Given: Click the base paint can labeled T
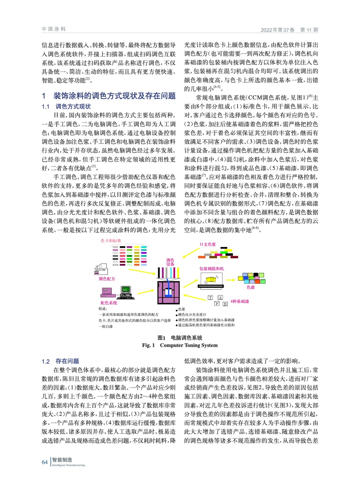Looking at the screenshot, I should click(210, 297).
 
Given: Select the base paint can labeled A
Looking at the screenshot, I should click(220, 298).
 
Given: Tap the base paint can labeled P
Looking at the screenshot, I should click(217, 303).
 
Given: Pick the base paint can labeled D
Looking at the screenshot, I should click(225, 304).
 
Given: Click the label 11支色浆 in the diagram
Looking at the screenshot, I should click(208, 244).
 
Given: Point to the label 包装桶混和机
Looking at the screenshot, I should click(212, 269).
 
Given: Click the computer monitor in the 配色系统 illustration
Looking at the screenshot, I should click(125, 290).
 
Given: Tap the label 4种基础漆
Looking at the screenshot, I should click(240, 301).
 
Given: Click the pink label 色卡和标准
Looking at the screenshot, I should click(111, 241).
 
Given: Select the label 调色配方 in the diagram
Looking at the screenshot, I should click(107, 279).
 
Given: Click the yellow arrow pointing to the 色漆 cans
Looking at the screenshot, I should click(230, 279).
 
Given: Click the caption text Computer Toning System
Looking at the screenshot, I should click(189, 345).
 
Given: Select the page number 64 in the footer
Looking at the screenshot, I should click(45, 462).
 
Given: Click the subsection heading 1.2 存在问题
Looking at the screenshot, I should click(60, 361).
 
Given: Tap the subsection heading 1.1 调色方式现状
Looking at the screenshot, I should click(66, 106).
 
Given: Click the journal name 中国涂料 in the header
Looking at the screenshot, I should click(54, 29).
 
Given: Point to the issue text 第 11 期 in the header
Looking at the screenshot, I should click(309, 30).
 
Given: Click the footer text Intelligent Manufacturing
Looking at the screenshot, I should click(69, 465).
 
